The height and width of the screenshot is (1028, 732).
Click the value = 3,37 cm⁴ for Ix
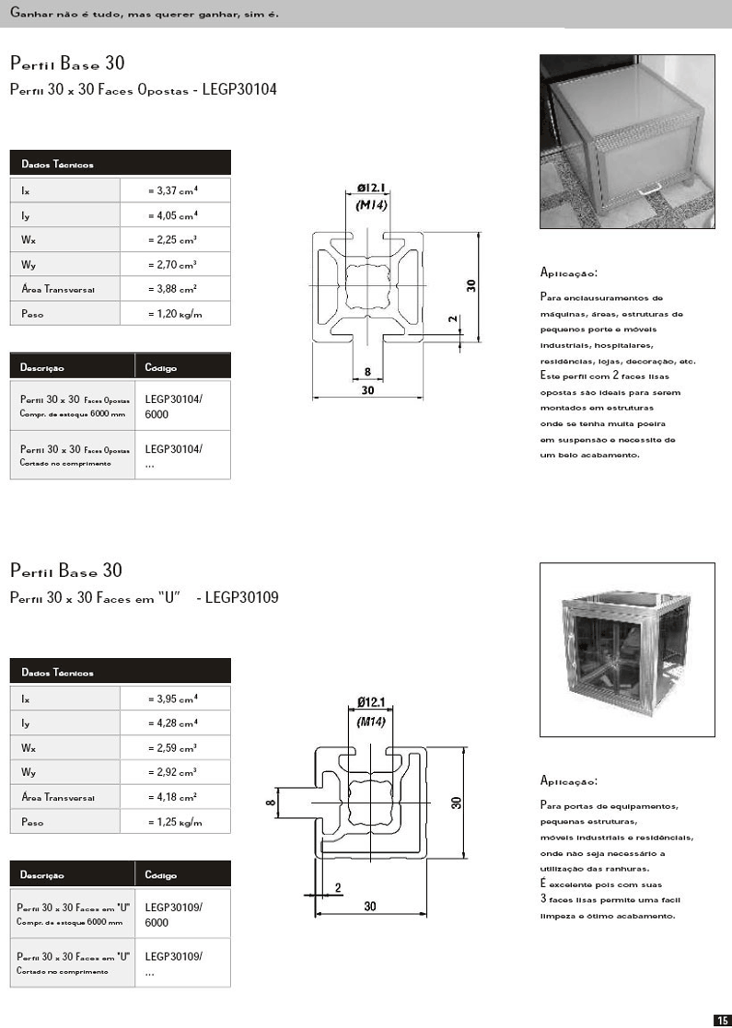pyautogui.click(x=173, y=191)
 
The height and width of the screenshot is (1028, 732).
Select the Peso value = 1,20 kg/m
pyautogui.click(x=174, y=314)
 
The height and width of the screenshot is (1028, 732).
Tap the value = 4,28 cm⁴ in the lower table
pyautogui.click(x=173, y=723)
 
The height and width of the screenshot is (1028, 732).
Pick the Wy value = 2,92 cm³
pyautogui.click(x=173, y=773)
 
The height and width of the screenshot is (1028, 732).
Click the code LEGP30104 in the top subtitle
pyautogui.click(x=240, y=90)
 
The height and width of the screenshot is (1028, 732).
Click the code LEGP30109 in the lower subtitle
pyautogui.click(x=242, y=597)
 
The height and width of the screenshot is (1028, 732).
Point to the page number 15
pyautogui.click(x=722, y=1019)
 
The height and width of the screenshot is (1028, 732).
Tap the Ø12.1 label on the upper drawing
pyautogui.click(x=372, y=189)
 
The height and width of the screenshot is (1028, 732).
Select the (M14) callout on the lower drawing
pyautogui.click(x=372, y=721)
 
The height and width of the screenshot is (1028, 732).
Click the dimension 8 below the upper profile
pyautogui.click(x=367, y=372)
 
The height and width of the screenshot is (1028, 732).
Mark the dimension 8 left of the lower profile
pyautogui.click(x=271, y=803)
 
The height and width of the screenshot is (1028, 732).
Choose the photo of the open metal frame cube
pyautogui.click(x=626, y=649)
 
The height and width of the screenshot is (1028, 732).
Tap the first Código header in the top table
pyautogui.click(x=161, y=368)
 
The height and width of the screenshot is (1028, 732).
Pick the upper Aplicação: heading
pyautogui.click(x=569, y=273)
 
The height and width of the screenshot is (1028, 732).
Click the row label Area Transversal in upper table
pyautogui.click(x=58, y=289)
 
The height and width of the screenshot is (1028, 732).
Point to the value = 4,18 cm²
pyautogui.click(x=173, y=797)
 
